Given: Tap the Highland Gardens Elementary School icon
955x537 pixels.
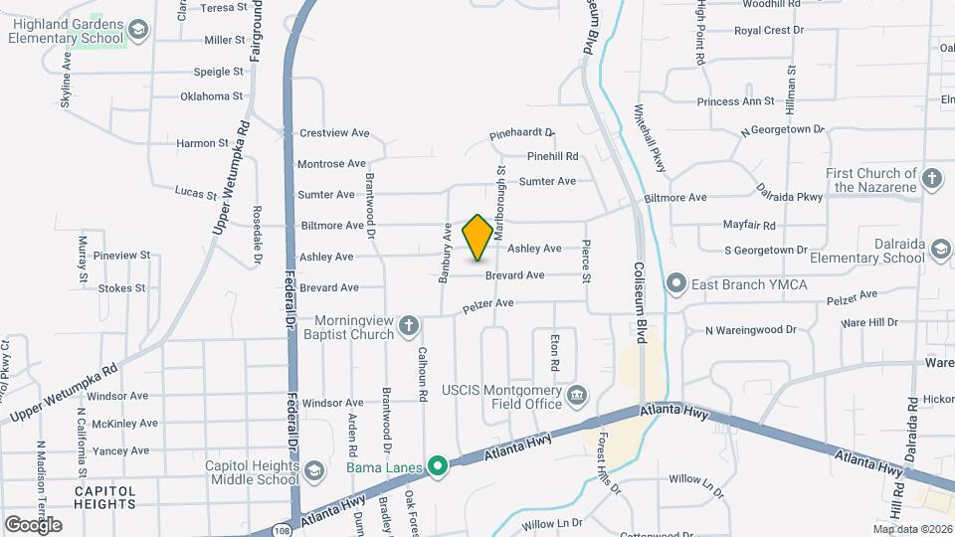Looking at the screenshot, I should (137, 31).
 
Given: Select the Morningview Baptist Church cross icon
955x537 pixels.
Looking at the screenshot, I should (409, 325).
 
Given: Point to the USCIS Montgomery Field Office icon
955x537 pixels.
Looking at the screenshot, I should (576, 398).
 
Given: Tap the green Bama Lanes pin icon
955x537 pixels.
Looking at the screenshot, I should (437, 465).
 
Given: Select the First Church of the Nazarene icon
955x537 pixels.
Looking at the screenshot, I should (931, 179).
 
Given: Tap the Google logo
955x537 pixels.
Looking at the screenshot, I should (33, 524).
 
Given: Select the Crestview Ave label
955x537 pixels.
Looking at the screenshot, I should (334, 133).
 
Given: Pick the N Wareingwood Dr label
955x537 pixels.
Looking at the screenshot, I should (751, 329).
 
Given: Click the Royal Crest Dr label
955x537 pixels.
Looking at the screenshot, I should (769, 31).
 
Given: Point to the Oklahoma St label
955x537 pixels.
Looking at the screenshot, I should (211, 96).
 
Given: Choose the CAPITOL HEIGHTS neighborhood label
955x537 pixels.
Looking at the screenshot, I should (104, 496).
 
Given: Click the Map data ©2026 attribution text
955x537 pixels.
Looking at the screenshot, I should (912, 529).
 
